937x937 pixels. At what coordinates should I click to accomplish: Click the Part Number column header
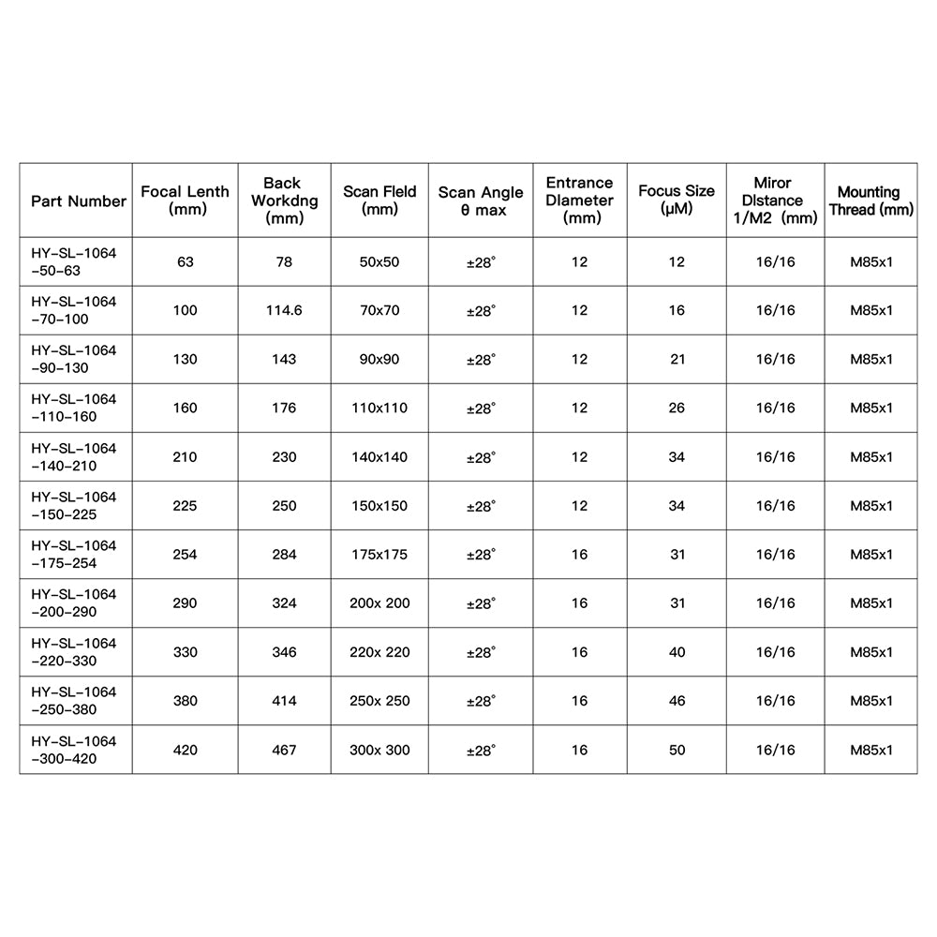click(x=79, y=201)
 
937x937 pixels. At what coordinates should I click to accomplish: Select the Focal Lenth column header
click(x=185, y=201)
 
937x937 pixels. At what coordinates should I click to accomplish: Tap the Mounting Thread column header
click(x=870, y=201)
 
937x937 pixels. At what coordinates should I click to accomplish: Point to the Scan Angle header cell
click(x=481, y=201)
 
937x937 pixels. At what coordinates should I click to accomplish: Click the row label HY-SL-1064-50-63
click(x=74, y=261)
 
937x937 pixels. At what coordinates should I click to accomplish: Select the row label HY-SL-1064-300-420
click(x=74, y=750)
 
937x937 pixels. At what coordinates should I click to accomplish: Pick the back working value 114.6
click(x=283, y=310)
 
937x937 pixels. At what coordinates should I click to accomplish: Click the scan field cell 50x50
click(x=379, y=261)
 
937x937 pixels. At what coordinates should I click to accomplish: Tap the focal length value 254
click(x=185, y=555)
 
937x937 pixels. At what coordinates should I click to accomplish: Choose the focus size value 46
click(x=677, y=701)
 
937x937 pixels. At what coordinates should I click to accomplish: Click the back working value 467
click(x=283, y=750)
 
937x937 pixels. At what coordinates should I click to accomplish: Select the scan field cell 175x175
click(x=379, y=555)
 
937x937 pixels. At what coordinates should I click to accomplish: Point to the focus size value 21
click(x=677, y=359)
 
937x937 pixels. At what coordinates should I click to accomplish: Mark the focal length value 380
click(x=185, y=701)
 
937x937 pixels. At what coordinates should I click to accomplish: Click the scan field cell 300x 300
click(x=379, y=750)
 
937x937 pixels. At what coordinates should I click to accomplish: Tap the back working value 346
click(x=283, y=652)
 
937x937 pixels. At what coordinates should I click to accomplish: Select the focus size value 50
click(x=677, y=750)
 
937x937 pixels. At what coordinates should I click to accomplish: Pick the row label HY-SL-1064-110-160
click(x=74, y=408)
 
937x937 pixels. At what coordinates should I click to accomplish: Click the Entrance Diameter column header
click(x=579, y=201)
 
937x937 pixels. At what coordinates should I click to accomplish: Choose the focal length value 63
click(x=185, y=261)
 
